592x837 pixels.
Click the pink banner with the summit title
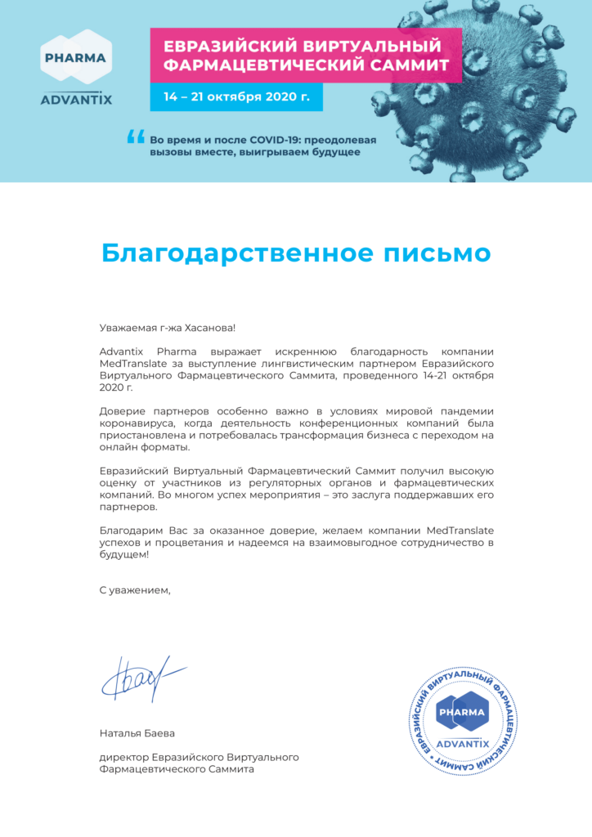(x=306, y=55)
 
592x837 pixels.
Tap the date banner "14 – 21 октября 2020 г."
(x=236, y=96)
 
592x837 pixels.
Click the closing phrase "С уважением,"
(x=135, y=589)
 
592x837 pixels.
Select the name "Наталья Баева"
(x=137, y=733)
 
